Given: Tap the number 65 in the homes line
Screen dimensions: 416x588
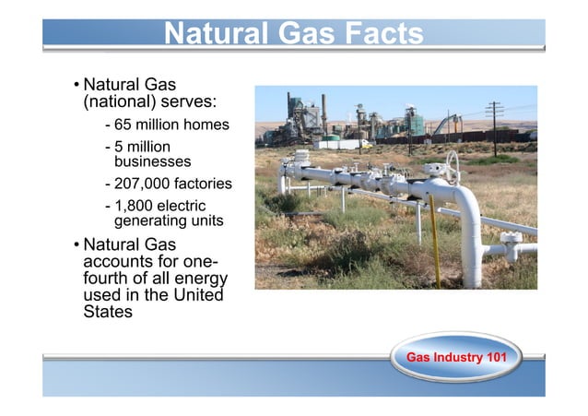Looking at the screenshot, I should point(125,125).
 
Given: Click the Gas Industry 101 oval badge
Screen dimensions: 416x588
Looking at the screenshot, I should point(455,357).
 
